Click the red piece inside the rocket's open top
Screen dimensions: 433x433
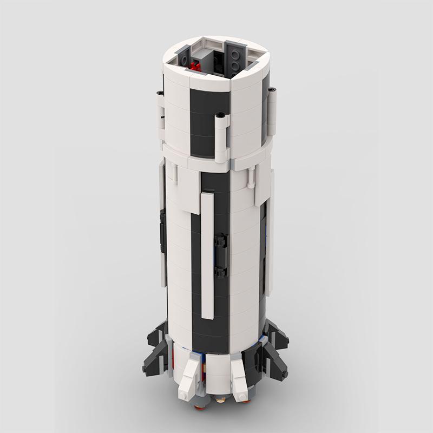[x=196, y=66]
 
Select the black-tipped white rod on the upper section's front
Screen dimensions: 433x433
[x=220, y=138]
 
